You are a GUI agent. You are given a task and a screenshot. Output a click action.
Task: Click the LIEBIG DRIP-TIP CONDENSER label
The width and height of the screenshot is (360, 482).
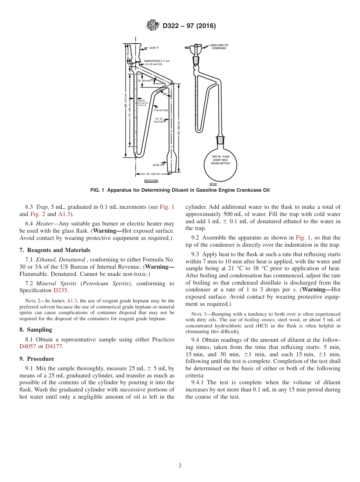[219, 47]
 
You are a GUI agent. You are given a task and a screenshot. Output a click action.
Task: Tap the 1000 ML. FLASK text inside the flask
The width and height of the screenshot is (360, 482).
[223, 156]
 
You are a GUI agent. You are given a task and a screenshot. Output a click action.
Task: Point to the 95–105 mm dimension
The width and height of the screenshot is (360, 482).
[152, 174]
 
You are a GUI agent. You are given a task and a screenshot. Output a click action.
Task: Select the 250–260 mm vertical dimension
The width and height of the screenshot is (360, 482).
[178, 128]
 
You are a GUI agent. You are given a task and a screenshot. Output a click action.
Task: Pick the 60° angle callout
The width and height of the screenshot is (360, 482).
[165, 94]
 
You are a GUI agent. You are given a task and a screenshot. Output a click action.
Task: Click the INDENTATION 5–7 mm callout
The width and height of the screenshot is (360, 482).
[157, 61]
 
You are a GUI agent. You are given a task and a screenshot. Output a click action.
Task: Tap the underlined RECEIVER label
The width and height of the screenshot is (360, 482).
[151, 181]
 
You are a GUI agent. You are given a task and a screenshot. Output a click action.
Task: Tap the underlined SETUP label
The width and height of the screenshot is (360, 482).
[213, 184]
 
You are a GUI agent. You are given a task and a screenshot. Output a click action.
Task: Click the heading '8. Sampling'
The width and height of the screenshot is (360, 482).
[36, 330]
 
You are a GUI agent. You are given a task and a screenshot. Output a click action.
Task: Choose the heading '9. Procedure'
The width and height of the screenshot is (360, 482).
[37, 359]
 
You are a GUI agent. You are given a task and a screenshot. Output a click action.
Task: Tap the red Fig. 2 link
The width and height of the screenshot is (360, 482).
[38, 214]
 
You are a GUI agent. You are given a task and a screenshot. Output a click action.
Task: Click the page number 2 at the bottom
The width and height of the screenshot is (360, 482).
[180, 466]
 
